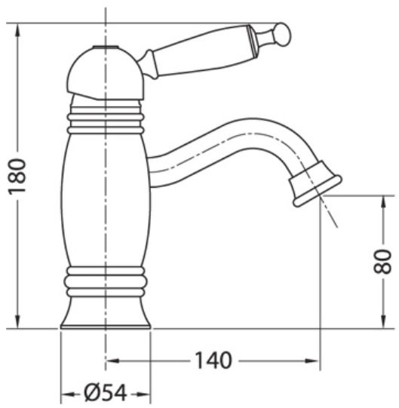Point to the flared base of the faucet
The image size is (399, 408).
click(105, 314)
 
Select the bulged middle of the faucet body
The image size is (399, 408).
click(105, 200)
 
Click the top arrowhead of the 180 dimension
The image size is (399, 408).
click(17, 29)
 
